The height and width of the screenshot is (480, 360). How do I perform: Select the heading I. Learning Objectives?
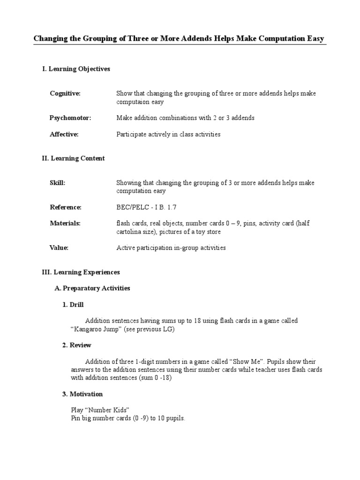76,69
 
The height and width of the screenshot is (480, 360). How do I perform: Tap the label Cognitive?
65,93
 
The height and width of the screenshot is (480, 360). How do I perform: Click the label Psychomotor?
70,118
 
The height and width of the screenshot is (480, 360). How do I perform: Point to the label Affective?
64,134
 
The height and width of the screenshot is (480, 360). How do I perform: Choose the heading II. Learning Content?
73,158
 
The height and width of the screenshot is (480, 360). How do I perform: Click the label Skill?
58,183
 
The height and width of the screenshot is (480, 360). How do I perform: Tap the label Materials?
65,223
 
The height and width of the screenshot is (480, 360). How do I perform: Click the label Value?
59,247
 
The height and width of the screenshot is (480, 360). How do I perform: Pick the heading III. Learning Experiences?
81,272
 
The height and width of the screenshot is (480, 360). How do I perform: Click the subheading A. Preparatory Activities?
92,288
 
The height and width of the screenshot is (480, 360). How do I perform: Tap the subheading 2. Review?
77,345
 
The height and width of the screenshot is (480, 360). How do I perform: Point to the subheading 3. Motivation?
82,394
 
